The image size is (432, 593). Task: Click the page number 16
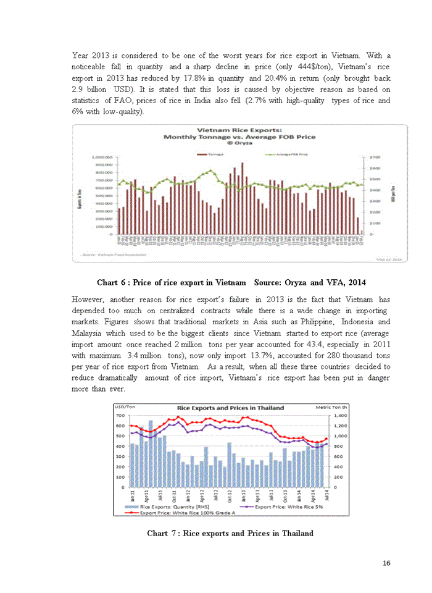pos(386,563)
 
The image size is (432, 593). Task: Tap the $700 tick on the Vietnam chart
pos(374,158)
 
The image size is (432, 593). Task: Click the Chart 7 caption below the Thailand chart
pos(230,533)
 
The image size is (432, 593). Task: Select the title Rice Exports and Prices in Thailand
pos(230,408)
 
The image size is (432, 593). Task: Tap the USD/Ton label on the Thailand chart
pos(125,408)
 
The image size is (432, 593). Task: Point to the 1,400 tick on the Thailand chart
pos(340,416)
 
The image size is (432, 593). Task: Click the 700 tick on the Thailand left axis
pos(122,416)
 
